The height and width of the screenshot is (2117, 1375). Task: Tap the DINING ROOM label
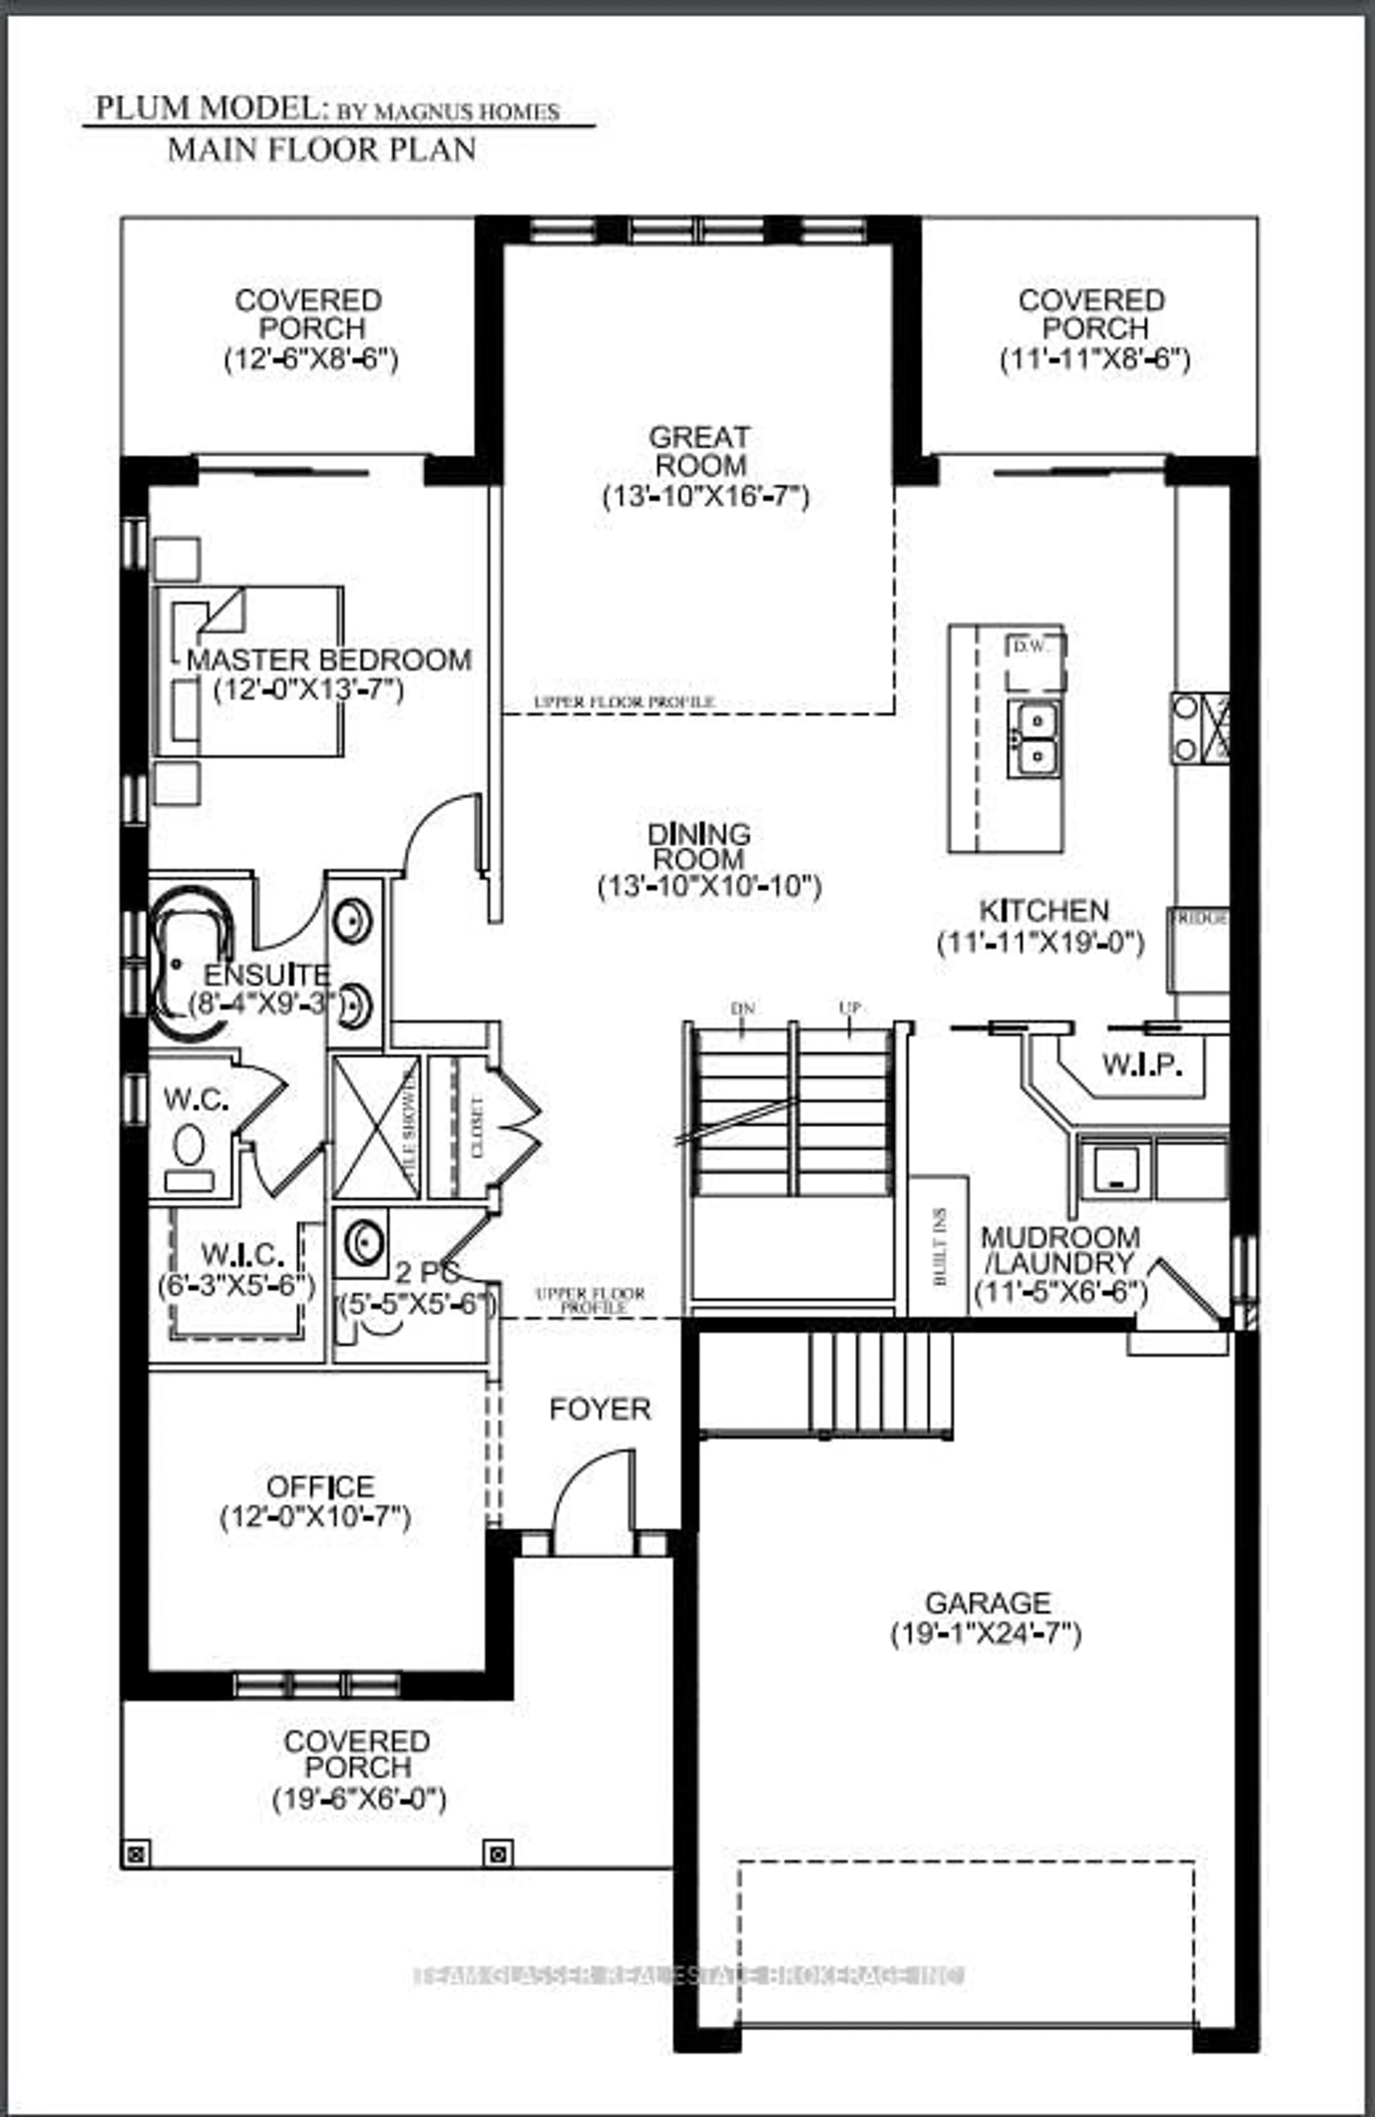click(x=699, y=847)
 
